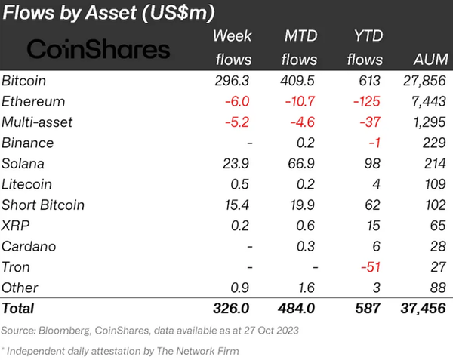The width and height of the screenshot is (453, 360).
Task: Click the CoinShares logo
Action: pyautogui.click(x=99, y=50)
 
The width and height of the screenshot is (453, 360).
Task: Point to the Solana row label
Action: pyautogui.click(x=25, y=164)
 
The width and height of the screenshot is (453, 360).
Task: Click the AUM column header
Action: pyautogui.click(x=431, y=60)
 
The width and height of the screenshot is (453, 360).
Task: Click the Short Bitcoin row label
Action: pyautogui.click(x=43, y=205)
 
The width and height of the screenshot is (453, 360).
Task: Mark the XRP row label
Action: pyautogui.click(x=17, y=226)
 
